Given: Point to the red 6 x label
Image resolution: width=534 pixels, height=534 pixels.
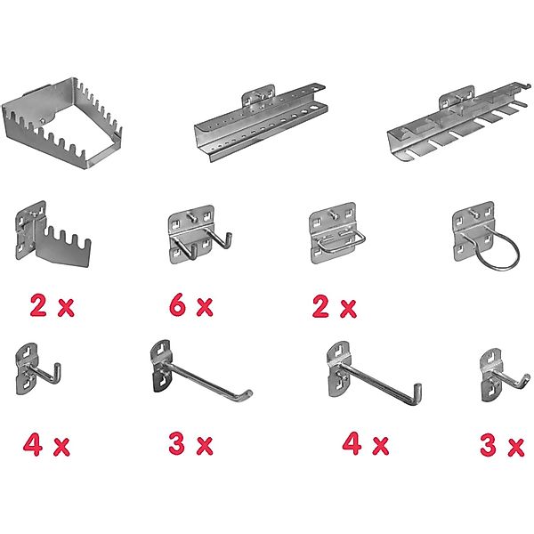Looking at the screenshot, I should point(190,307).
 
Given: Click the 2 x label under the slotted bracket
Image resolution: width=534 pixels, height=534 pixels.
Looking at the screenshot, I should point(53,307).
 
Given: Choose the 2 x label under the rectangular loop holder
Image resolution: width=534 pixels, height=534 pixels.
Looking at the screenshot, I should point(333,308).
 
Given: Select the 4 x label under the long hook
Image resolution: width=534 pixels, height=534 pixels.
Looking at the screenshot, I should point(366,443).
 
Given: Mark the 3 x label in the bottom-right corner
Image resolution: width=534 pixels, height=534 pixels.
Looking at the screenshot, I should point(501,445).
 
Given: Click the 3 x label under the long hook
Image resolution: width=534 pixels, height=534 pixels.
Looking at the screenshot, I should point(190,443).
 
